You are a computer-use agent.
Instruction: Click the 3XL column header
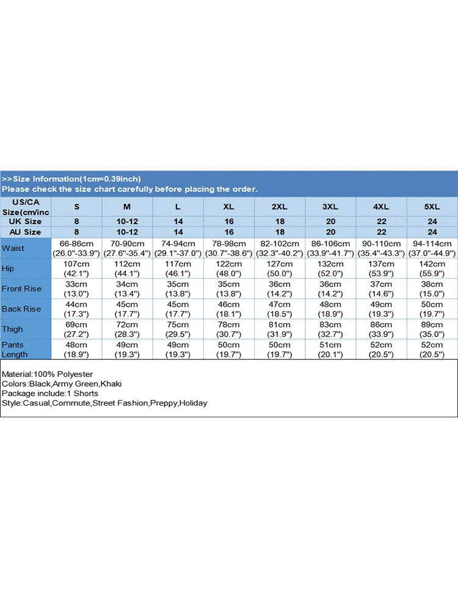330,207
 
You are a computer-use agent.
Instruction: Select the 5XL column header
432,207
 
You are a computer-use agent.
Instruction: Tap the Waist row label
13,248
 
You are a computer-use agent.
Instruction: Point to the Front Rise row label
21,289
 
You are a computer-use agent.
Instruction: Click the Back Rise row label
21,309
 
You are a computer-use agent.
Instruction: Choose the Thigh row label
12,329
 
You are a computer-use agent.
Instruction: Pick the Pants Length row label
15,349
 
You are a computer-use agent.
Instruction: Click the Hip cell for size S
76,268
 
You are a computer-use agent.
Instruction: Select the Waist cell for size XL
228,248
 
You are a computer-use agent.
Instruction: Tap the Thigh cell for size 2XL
279,329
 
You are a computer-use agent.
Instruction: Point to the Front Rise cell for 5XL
432,289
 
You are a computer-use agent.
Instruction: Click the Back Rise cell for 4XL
381,309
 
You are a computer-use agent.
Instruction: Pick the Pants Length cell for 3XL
330,349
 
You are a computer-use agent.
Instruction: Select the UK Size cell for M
128,221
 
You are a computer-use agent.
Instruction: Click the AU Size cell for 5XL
432,232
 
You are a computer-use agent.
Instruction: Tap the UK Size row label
25,221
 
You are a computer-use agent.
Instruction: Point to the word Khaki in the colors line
111,384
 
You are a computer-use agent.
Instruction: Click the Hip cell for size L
178,268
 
